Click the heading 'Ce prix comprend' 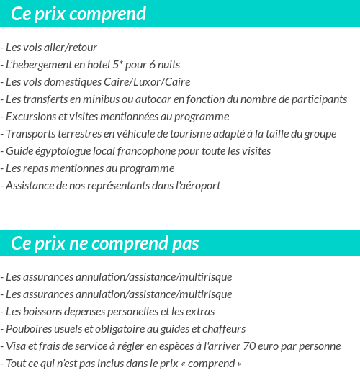coord(78,14)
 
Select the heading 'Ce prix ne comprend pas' coord(105,243)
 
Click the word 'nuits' coord(167,65)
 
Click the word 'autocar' coord(153,99)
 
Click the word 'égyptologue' coord(68,151)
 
